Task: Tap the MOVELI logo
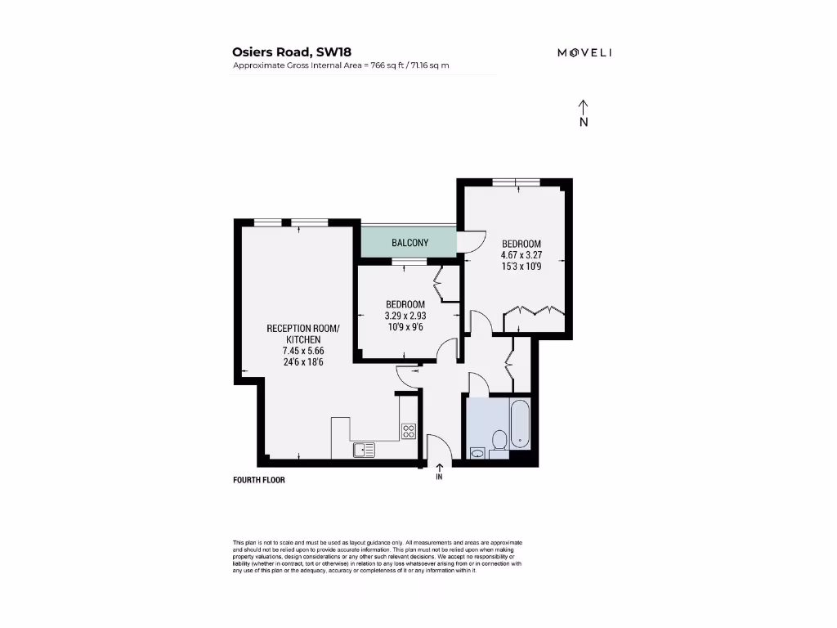click(x=584, y=52)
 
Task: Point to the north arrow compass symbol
click(x=584, y=114)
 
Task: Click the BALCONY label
click(x=410, y=243)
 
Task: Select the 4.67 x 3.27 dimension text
click(x=521, y=254)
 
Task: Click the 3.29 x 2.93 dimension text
click(x=405, y=315)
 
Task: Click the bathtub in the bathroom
click(x=520, y=424)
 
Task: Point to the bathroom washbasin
click(x=477, y=451)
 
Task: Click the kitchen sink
click(x=364, y=449)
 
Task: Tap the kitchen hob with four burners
click(x=409, y=431)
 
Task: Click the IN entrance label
click(x=439, y=477)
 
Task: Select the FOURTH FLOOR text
click(x=259, y=481)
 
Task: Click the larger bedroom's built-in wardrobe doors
click(x=534, y=311)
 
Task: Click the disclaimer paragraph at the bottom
click(x=377, y=556)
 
